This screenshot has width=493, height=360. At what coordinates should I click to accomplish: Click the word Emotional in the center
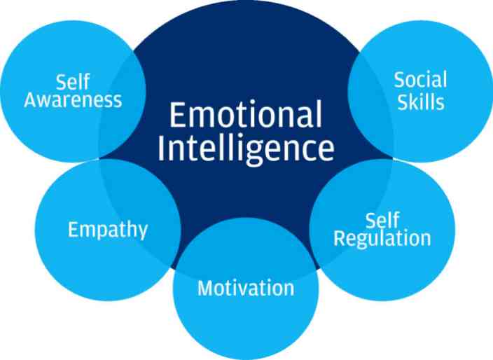click(x=246, y=114)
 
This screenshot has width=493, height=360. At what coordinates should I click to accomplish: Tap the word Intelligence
click(x=246, y=148)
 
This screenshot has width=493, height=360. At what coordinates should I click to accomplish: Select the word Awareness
click(x=73, y=100)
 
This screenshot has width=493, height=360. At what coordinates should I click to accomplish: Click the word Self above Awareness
click(x=73, y=81)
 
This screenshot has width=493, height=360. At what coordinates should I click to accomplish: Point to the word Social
click(x=420, y=80)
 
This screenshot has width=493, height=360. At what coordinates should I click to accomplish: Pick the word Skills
click(x=421, y=102)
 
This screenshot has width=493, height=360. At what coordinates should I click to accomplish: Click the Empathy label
click(x=108, y=230)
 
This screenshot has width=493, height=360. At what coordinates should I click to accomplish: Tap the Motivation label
click(x=246, y=288)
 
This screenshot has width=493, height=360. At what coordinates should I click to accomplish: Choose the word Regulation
click(x=382, y=239)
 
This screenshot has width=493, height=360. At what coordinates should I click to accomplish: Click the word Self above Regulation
click(x=382, y=220)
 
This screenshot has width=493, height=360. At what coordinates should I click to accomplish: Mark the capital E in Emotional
click(x=176, y=114)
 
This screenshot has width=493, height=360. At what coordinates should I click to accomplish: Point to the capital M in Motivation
click(x=205, y=288)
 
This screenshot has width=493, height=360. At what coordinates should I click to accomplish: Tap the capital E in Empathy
click(x=73, y=229)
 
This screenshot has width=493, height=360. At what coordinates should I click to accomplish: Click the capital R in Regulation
click(x=339, y=238)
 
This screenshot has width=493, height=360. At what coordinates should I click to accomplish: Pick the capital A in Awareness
click(x=31, y=100)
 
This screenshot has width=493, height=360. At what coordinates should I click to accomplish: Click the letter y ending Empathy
click(x=143, y=233)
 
